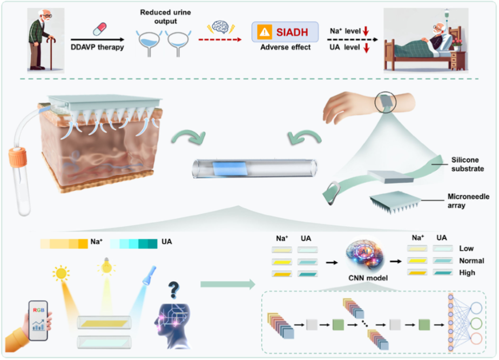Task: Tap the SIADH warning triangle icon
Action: (x=265, y=33)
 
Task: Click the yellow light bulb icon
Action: (x=106, y=268)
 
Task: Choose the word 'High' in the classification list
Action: (x=467, y=272)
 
